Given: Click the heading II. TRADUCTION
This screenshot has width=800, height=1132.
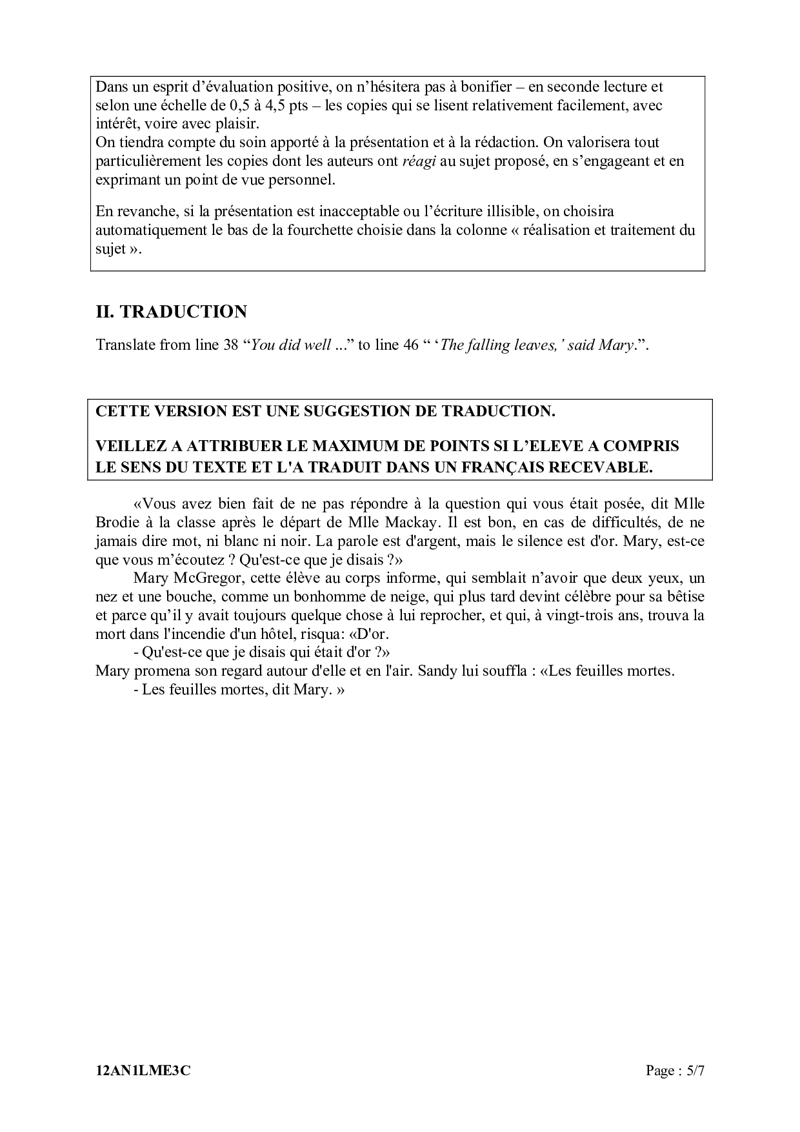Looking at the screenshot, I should coord(171,312).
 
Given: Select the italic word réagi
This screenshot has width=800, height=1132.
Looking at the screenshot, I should coord(419,161).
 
